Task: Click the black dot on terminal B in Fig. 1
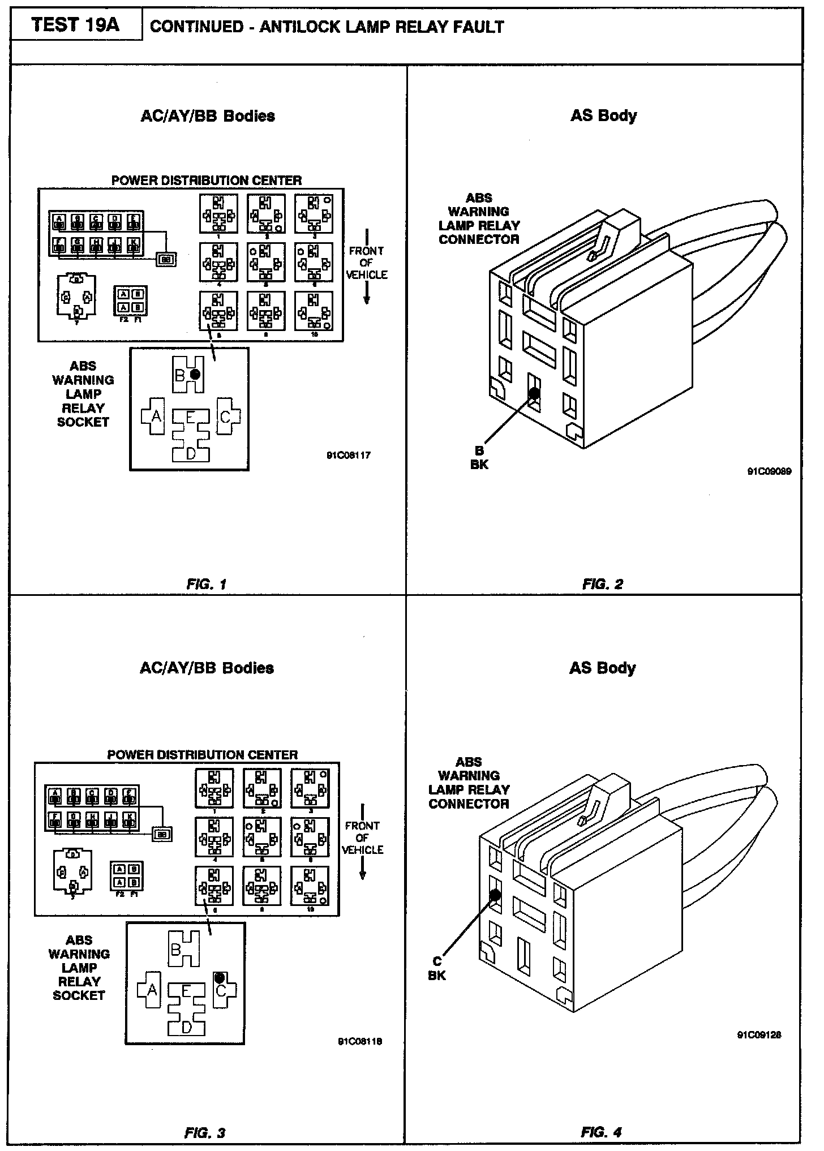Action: pyautogui.click(x=195, y=374)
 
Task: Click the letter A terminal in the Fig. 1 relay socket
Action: pyautogui.click(x=156, y=416)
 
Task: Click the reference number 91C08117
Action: pyautogui.click(x=349, y=455)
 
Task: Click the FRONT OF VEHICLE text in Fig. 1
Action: pyautogui.click(x=367, y=263)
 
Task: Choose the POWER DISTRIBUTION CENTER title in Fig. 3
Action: pyautogui.click(x=203, y=755)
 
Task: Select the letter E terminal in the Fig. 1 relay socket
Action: pyautogui.click(x=191, y=418)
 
